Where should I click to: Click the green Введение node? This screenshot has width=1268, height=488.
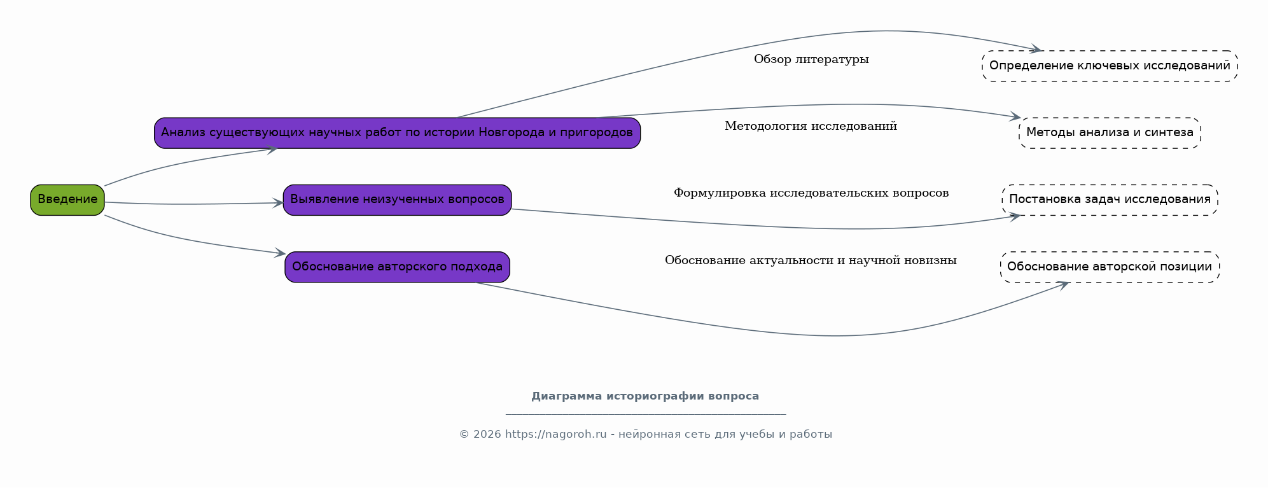click(x=67, y=200)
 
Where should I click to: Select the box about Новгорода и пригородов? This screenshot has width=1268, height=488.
click(x=397, y=133)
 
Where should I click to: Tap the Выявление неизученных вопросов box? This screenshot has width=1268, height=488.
click(x=397, y=200)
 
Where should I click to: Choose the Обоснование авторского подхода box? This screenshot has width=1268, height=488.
click(x=397, y=267)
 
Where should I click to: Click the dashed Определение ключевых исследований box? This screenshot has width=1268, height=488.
click(x=1110, y=66)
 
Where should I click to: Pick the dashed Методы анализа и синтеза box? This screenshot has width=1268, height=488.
click(x=1110, y=133)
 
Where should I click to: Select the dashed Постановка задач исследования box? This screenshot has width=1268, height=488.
click(x=1110, y=200)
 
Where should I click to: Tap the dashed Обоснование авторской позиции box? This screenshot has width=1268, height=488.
click(x=1110, y=267)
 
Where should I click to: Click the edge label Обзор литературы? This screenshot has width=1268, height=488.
click(x=811, y=60)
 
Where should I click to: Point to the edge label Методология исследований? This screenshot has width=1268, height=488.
click(x=811, y=127)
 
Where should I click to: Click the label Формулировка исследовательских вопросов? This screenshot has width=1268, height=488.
click(x=811, y=193)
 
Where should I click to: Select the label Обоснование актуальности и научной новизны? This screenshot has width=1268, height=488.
click(x=811, y=261)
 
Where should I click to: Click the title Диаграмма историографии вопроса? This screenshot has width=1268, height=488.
click(x=645, y=396)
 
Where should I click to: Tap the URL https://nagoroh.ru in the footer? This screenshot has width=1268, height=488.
click(x=555, y=435)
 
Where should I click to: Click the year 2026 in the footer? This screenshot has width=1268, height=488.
click(x=487, y=435)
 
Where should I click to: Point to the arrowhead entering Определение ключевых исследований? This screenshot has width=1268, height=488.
click(x=1035, y=49)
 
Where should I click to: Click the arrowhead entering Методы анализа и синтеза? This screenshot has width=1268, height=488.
click(x=1015, y=116)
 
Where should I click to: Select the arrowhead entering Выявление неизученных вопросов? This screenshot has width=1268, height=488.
click(x=277, y=203)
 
